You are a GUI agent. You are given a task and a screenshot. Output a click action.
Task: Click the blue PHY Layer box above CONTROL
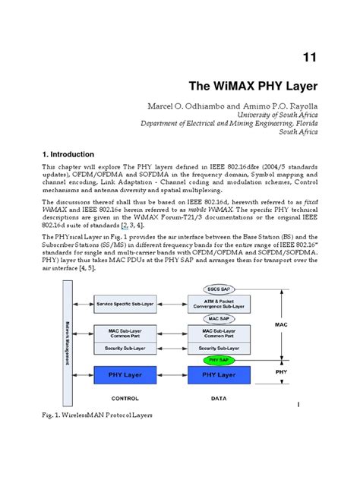coord(125,374)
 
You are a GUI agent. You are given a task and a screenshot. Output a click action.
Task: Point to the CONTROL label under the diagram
coord(125,397)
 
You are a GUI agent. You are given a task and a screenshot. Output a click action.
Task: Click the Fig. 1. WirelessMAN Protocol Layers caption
coord(98,415)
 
